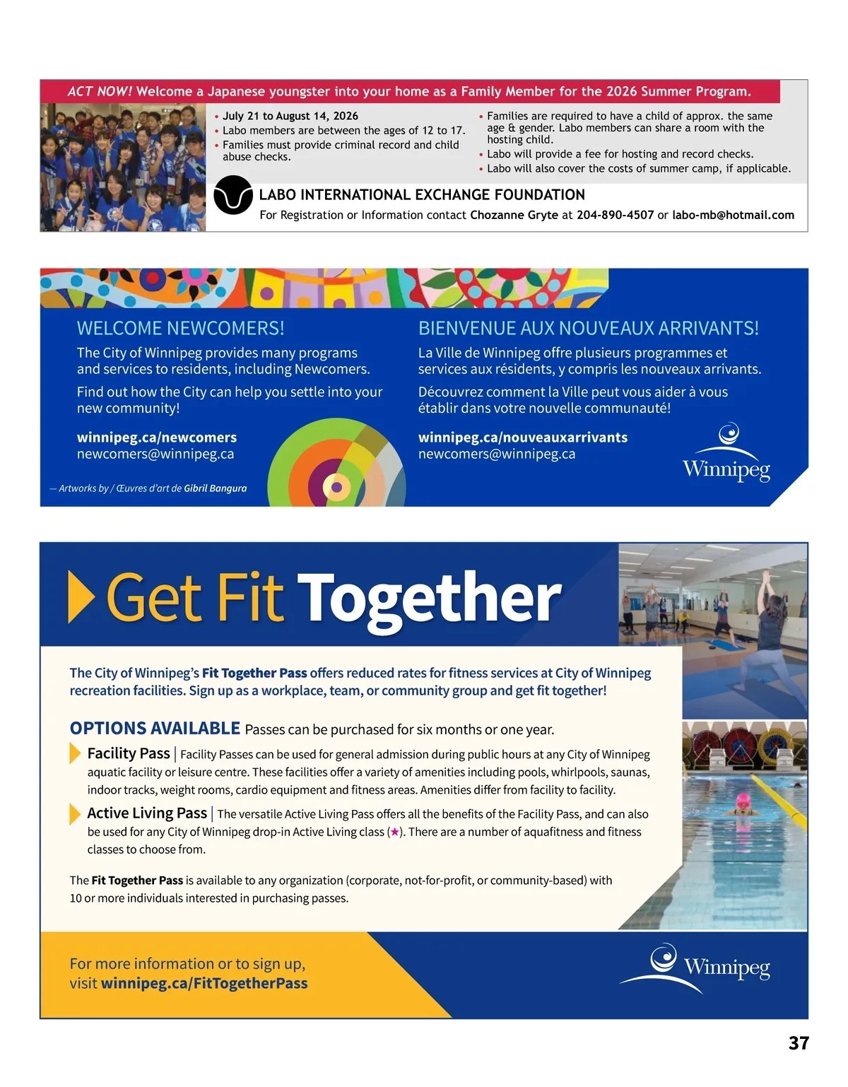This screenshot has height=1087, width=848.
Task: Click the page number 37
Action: [799, 1043]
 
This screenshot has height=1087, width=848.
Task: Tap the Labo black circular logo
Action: [233, 195]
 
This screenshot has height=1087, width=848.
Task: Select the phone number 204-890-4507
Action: [615, 215]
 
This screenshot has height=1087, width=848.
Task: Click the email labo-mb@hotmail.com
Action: [733, 215]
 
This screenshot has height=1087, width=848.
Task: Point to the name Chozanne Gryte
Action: [514, 215]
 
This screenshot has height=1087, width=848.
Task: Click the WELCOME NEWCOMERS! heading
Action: [180, 328]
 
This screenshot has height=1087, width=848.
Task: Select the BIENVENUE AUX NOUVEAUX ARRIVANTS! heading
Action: [588, 328]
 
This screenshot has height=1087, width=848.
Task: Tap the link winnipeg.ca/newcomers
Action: [157, 437]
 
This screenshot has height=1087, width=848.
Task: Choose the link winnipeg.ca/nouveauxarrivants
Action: [522, 437]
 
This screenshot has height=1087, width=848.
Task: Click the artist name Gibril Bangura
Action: [216, 488]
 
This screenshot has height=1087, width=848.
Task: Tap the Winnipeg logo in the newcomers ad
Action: [726, 454]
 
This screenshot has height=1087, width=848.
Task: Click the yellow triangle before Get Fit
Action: [81, 598]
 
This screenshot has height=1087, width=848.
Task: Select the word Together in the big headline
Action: [429, 599]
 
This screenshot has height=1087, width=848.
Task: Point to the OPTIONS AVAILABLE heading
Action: [155, 729]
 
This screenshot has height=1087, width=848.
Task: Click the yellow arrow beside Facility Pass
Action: [75, 753]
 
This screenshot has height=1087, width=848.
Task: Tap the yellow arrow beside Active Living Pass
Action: [75, 813]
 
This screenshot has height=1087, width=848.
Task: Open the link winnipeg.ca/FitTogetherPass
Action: [204, 983]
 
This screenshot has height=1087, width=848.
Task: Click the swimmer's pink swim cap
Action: [743, 801]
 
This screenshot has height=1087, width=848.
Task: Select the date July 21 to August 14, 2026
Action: [290, 116]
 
